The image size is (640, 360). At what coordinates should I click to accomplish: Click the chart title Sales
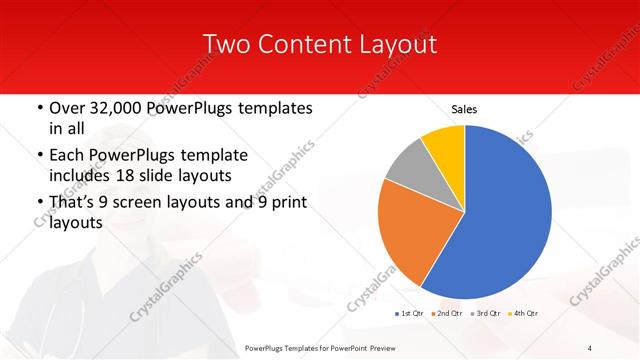464,108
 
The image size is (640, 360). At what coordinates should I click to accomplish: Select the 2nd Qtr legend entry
448,313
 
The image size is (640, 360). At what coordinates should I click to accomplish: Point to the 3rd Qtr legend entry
487,313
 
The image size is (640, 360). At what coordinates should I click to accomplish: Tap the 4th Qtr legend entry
523,313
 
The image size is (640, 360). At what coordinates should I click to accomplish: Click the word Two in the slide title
227,44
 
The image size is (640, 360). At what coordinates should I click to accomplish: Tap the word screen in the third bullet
157,202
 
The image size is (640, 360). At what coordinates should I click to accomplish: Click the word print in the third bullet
286,202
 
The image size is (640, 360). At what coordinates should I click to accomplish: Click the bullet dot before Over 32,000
39,107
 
